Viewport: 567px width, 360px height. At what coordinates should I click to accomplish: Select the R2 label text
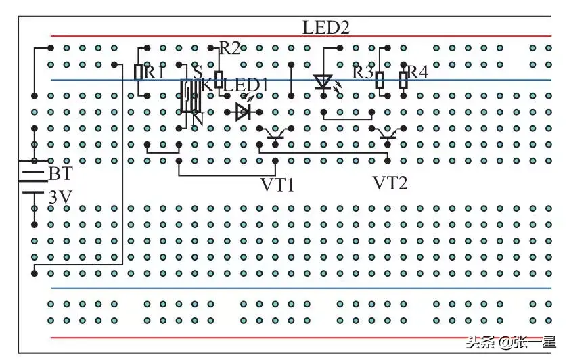click(229, 47)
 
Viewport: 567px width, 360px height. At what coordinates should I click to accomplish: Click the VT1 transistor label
click(277, 183)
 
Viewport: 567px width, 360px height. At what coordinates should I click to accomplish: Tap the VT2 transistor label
click(390, 183)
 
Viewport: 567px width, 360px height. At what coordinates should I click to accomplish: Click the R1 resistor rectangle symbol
click(139, 72)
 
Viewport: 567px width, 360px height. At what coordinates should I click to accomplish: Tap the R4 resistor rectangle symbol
click(403, 80)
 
